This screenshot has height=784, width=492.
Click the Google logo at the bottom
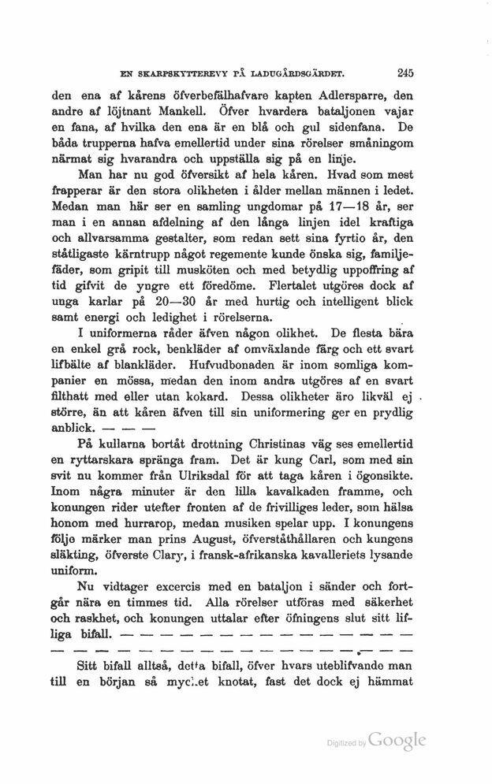pos(397,741)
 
